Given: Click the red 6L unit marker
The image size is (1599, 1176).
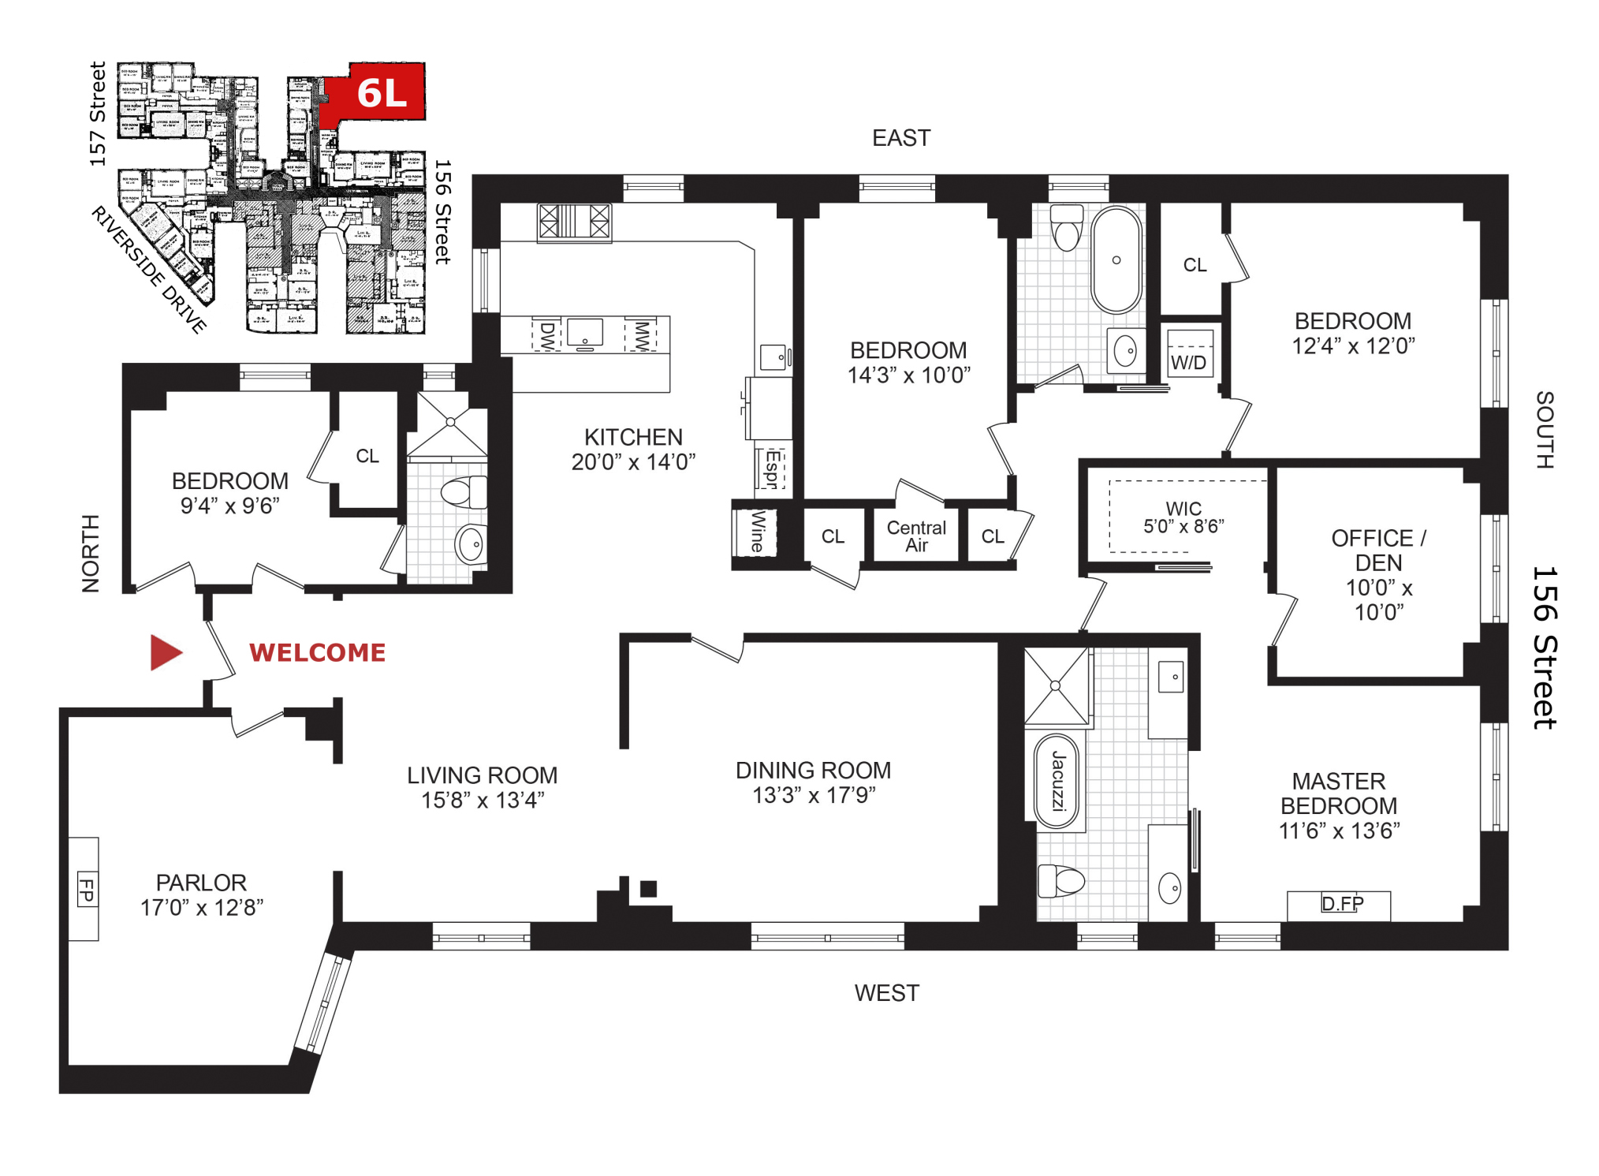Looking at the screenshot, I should coord(382,92).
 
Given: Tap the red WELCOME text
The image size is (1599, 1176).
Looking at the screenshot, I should coord(317,652).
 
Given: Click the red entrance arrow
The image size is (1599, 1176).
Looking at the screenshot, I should coord(166,652).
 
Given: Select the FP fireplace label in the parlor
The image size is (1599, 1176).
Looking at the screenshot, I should coord(86,889).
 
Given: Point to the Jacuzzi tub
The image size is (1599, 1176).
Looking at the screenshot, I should coord(1057,782).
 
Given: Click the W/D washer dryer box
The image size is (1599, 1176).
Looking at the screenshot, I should coord(1188,362).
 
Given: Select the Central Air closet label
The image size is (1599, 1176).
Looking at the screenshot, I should coord(915,536).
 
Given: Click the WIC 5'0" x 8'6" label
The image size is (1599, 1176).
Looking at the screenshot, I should coord(1183,517).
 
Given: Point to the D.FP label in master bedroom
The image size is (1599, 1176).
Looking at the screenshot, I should coord(1341,903).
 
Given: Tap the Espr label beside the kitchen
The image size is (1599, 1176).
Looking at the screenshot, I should coord(772,469).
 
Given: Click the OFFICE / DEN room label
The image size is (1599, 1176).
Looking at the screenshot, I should coord(1377,550).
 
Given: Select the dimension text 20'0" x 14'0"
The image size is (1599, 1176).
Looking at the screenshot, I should coord(633,462).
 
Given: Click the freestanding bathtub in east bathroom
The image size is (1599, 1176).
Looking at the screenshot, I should coord(1116,259).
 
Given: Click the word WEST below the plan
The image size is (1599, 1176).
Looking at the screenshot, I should coord(886,993).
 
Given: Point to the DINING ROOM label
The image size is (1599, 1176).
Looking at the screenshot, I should coord(813,770).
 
